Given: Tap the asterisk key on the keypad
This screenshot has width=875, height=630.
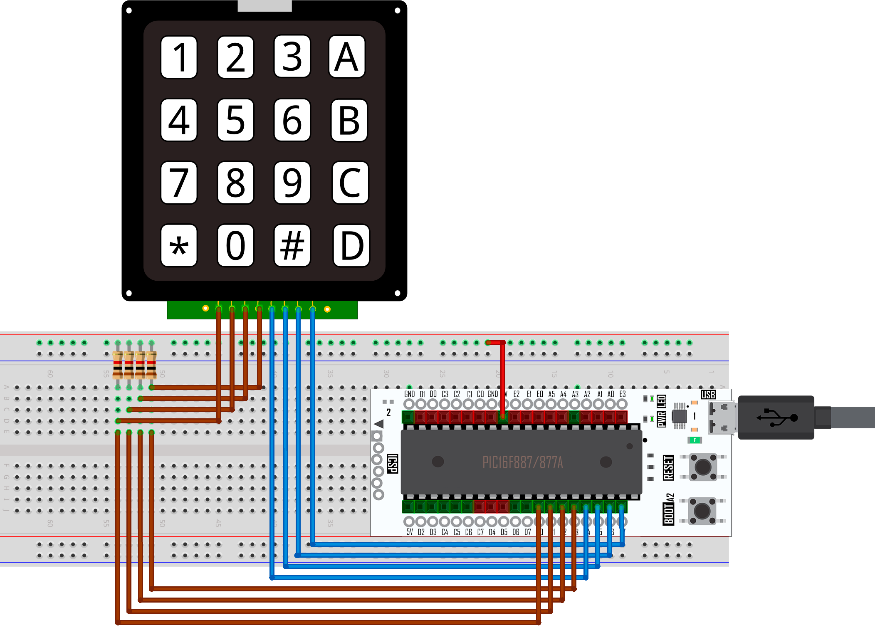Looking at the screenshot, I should [179, 245].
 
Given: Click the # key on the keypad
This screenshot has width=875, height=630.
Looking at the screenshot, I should [292, 245].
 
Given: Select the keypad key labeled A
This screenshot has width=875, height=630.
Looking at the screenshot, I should [347, 57].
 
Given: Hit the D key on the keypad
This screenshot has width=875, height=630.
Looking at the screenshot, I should [351, 245].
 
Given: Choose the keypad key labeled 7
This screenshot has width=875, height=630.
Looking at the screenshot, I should [179, 183].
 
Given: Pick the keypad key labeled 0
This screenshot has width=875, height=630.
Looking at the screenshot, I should [235, 245].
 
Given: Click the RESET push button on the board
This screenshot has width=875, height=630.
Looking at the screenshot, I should [703, 467].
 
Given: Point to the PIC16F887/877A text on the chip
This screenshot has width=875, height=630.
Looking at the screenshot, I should [522, 462].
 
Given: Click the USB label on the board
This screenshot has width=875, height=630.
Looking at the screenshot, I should [708, 394].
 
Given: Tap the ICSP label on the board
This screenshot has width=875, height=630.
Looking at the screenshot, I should [392, 464].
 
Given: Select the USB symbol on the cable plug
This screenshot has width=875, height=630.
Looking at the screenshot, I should [776, 418].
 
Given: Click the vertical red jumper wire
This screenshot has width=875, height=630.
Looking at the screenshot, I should [503, 378].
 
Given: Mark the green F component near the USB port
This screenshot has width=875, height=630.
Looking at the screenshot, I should [695, 440].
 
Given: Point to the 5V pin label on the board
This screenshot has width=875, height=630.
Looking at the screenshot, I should [410, 532].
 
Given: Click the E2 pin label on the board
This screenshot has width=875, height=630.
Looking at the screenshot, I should [516, 394].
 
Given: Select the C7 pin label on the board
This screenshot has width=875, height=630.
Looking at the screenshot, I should [480, 532].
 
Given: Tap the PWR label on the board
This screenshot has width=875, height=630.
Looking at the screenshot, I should [662, 419].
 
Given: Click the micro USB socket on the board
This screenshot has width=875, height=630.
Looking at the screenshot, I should [722, 417].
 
